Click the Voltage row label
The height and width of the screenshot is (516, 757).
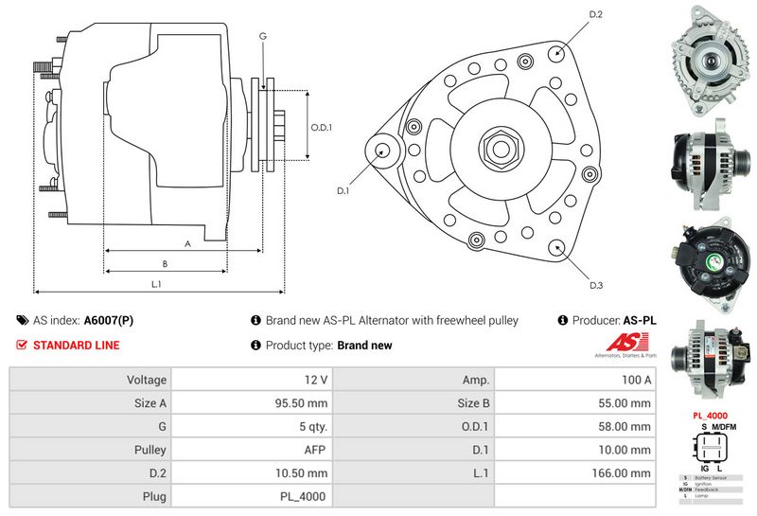[146, 380]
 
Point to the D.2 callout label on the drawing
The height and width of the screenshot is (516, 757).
[595, 14]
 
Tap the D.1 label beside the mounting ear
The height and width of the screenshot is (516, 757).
[343, 190]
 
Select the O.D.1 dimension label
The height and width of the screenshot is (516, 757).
[322, 128]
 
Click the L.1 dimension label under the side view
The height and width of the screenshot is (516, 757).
[157, 284]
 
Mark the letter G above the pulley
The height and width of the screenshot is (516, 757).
[262, 36]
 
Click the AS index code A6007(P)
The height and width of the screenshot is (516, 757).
[108, 321]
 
